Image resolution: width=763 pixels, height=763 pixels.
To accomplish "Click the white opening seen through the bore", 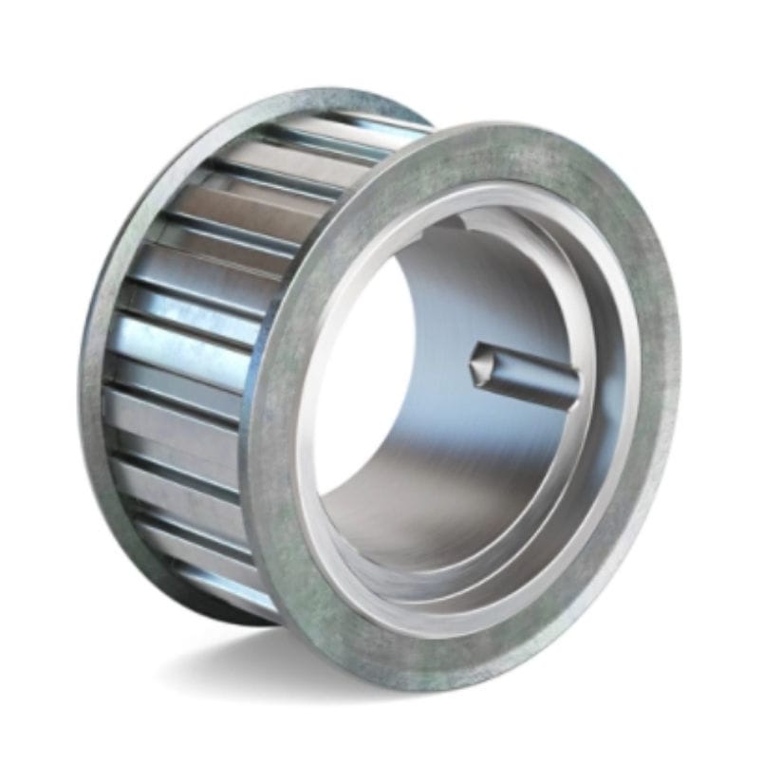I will pos(361,380).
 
